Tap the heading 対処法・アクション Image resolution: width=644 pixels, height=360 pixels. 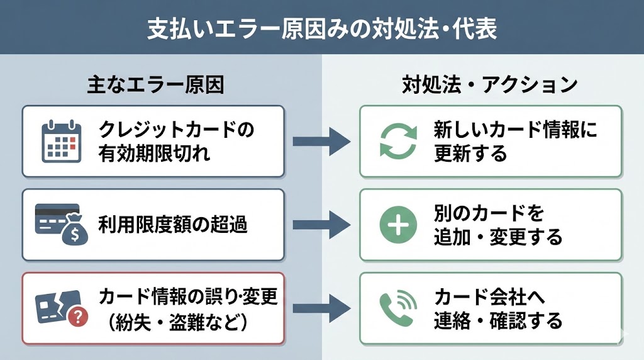pyautogui.click(x=489, y=85)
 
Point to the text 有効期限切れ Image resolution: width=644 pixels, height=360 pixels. pyautogui.click(x=155, y=153)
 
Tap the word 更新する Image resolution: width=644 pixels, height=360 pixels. pyautogui.click(x=470, y=153)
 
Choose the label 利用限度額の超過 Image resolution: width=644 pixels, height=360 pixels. pyautogui.click(x=172, y=225)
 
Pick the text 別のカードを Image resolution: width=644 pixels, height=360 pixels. pyautogui.click(x=488, y=214)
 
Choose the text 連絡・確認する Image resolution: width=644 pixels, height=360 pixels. pyautogui.click(x=497, y=320)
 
